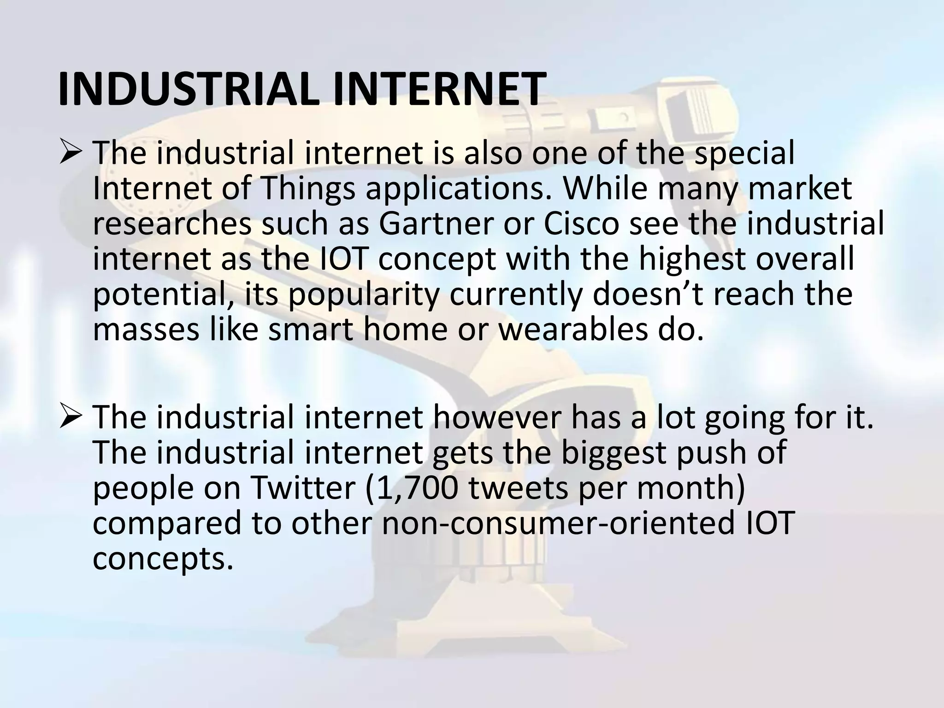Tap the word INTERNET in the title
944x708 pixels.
click(437, 89)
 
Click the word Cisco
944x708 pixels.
click(581, 224)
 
